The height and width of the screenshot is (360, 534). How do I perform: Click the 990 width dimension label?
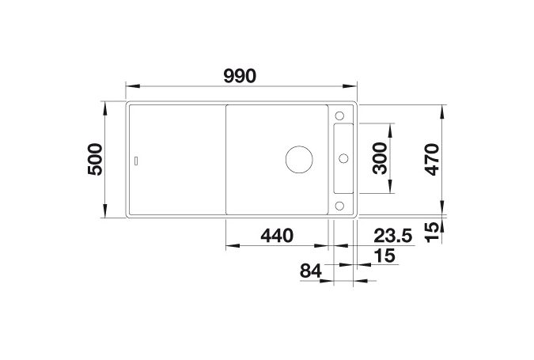240,76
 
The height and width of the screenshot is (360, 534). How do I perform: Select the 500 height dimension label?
95,159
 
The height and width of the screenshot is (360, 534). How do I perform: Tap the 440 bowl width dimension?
277,235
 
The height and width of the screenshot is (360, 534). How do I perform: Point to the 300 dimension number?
380,158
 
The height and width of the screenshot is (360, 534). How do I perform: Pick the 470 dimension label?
433,159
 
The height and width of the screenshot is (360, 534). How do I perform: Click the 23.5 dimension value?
393,235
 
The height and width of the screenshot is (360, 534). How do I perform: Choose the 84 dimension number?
311,271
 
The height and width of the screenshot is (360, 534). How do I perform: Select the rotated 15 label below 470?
433,232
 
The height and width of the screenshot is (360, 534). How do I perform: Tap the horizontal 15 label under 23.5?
384,255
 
